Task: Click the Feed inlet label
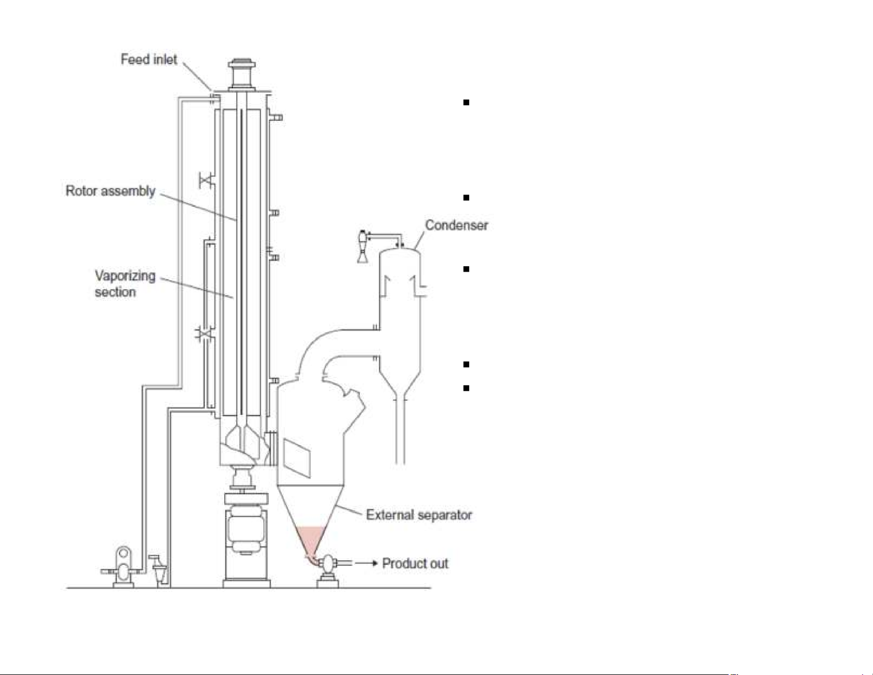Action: point(149,60)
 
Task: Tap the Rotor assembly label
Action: point(111,191)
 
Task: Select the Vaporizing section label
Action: point(125,284)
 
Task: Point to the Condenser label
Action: point(457,225)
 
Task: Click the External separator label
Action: point(419,515)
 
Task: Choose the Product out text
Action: point(415,563)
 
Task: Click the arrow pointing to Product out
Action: point(366,563)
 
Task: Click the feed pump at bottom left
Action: point(123,567)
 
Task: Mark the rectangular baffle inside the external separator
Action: point(297,458)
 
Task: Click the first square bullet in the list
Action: point(466,102)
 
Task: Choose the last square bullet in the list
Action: point(466,388)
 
